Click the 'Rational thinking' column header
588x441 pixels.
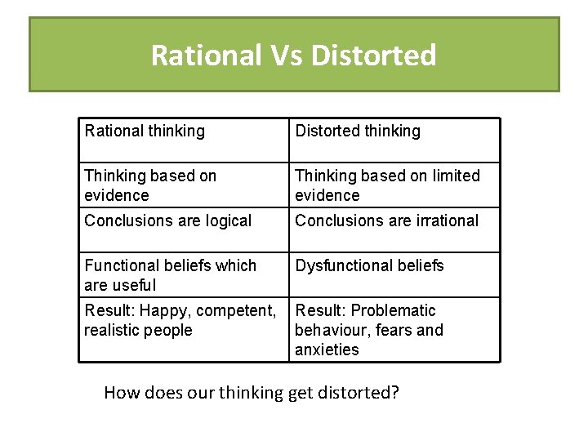pos(145,131)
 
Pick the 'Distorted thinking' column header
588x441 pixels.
pos(358,131)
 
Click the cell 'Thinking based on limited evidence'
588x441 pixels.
pos(387,185)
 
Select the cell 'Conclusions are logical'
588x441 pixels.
pos(167,220)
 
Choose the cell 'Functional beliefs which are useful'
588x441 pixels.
pos(170,275)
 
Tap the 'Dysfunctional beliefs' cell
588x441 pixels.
pos(369,265)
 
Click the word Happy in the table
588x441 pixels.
pos(161,310)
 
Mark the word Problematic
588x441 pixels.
pos(395,310)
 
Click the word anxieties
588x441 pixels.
pos(327,350)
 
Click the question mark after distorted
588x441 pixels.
pos(394,393)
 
